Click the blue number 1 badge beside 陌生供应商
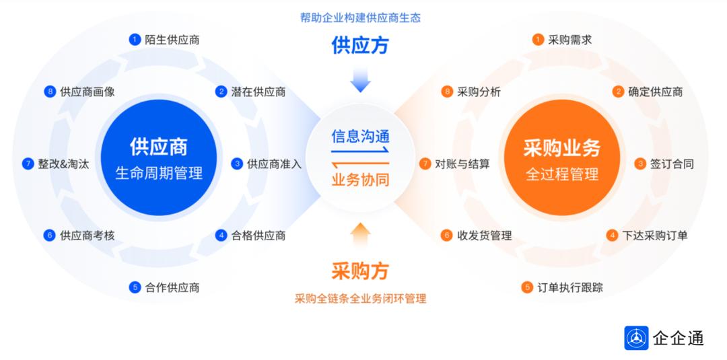[x=135, y=40]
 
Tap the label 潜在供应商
[x=258, y=92]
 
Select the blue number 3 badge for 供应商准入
[x=237, y=164]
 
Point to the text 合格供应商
[x=258, y=236]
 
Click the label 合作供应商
[x=172, y=288]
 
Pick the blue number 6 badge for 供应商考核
[x=49, y=236]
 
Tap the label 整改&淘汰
[x=64, y=164]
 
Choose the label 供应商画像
[x=87, y=92]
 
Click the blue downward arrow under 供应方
[x=360, y=81]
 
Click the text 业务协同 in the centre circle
[x=360, y=180]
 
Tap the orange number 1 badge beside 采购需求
[x=537, y=40]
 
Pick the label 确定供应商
[x=655, y=92]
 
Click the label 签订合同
[x=671, y=164]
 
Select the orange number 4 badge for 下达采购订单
[x=612, y=236]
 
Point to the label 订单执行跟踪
[x=570, y=288]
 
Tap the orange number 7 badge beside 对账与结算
[x=425, y=164]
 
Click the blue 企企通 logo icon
[x=636, y=338]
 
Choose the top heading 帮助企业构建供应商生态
[x=360, y=17]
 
